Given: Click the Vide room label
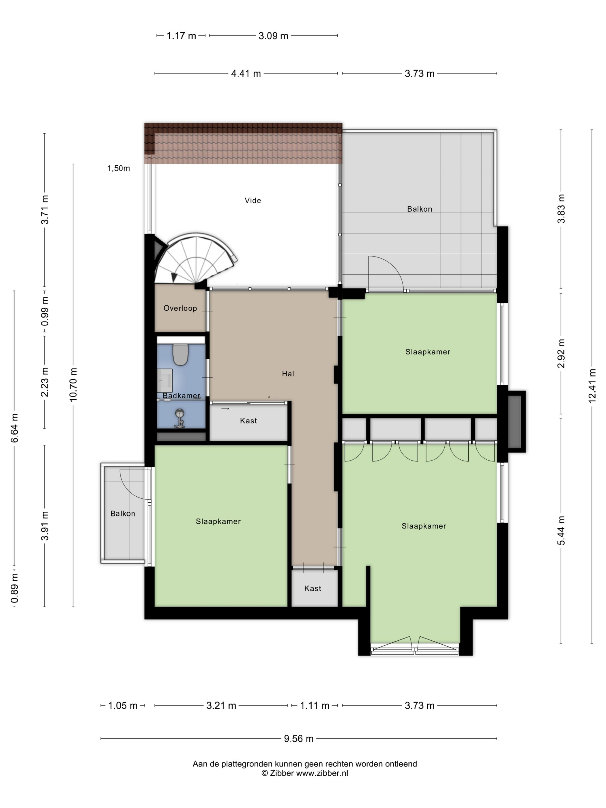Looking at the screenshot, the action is (253, 200).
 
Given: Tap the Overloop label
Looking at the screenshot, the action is (180, 308).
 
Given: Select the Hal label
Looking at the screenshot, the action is (288, 373).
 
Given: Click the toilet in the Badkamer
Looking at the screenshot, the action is (180, 354).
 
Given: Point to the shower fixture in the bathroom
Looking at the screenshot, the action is (179, 418).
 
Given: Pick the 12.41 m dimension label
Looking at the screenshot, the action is (592, 386).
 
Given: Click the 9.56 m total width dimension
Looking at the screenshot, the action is (299, 738).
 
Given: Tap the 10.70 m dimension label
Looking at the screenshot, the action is (73, 384).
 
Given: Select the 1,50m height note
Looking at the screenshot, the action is (118, 169).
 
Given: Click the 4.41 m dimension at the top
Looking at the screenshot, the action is (246, 73).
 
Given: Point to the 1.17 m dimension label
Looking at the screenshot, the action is (181, 35).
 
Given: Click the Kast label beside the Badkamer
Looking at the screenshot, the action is (248, 420).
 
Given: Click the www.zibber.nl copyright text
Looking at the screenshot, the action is (305, 773).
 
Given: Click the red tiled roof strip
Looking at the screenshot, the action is (243, 143).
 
